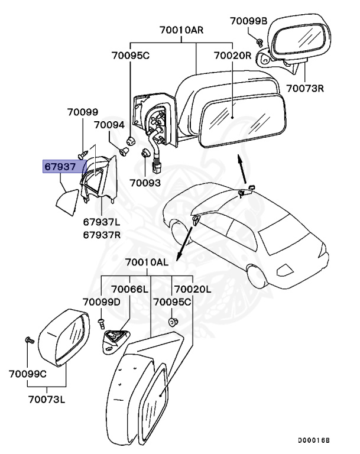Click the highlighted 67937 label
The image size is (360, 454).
(x=60, y=167)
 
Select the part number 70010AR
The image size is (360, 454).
(x=181, y=30)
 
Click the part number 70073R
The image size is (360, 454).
(x=306, y=89)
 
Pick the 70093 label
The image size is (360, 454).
(x=145, y=183)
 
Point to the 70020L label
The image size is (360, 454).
(x=192, y=288)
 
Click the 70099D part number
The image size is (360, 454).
(x=101, y=302)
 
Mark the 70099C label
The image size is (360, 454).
(x=28, y=374)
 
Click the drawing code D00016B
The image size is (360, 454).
(x=313, y=440)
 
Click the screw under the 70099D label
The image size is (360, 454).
(x=101, y=322)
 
